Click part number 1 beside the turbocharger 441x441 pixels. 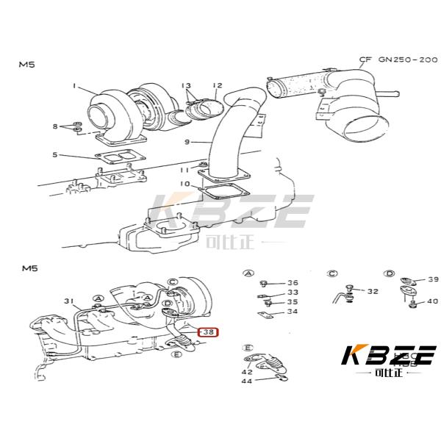click(74, 86)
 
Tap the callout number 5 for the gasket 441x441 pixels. click(55, 154)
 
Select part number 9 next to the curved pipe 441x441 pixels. click(187, 142)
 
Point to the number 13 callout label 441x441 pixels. click(186, 85)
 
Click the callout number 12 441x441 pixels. click(218, 85)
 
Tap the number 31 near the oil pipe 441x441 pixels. click(69, 301)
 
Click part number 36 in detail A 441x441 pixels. click(293, 283)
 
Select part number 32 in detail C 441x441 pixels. click(373, 292)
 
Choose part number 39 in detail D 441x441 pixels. click(433, 279)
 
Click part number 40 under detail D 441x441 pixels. click(432, 301)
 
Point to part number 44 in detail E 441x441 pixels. click(246, 381)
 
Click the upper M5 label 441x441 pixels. click(26, 65)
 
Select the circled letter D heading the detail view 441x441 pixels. click(390, 273)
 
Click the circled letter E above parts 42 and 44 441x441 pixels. click(248, 347)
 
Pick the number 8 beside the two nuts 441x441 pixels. click(54, 127)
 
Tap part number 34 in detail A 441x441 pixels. click(293, 312)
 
